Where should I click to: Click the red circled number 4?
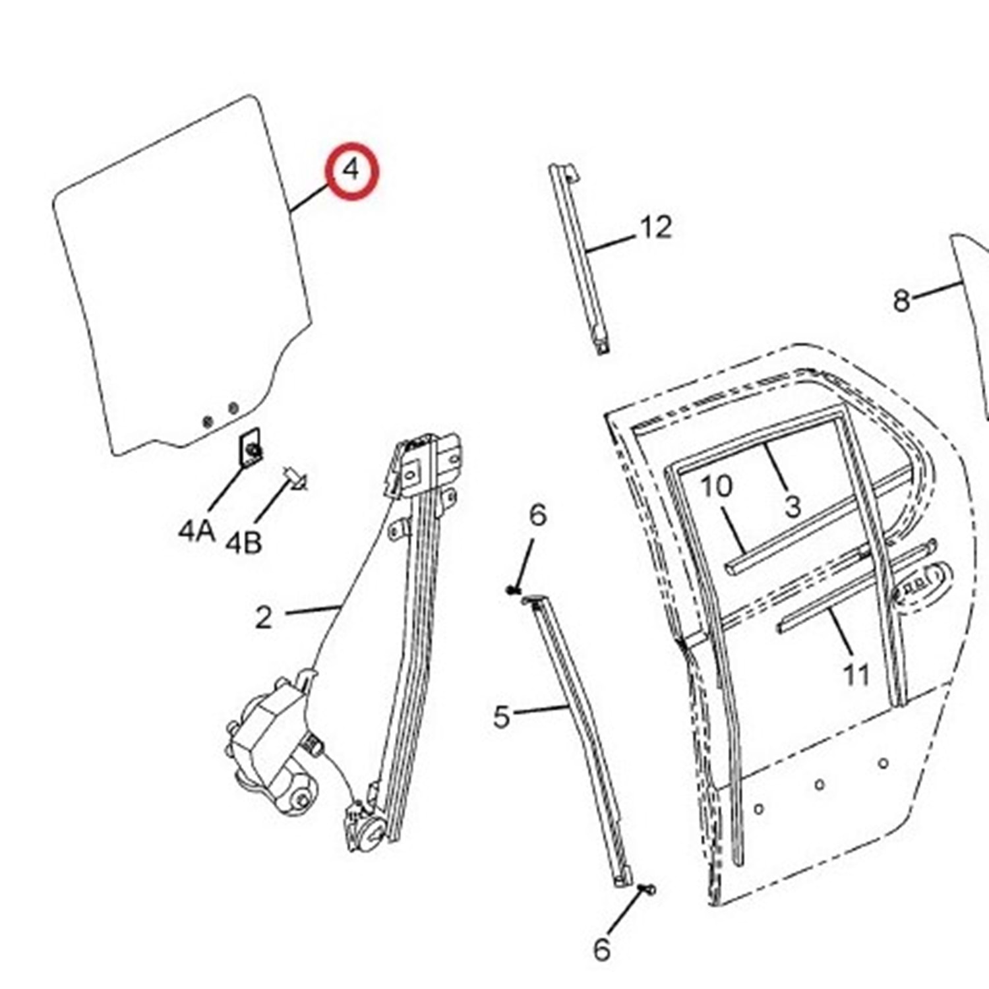click(353, 170)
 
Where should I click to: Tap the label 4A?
click(196, 530)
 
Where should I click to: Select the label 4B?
click(243, 543)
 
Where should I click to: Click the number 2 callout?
click(263, 618)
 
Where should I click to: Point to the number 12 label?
click(655, 227)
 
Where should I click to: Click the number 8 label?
click(901, 301)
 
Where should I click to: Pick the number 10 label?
click(715, 487)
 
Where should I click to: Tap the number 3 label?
click(793, 506)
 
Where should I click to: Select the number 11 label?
click(856, 674)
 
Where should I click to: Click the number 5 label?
click(502, 717)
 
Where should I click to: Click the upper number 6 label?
click(538, 514)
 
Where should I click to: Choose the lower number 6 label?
click(601, 949)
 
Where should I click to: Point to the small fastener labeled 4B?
click(295, 477)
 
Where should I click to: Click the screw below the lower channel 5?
click(649, 889)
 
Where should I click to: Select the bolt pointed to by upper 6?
click(513, 589)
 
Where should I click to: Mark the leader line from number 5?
click(541, 710)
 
